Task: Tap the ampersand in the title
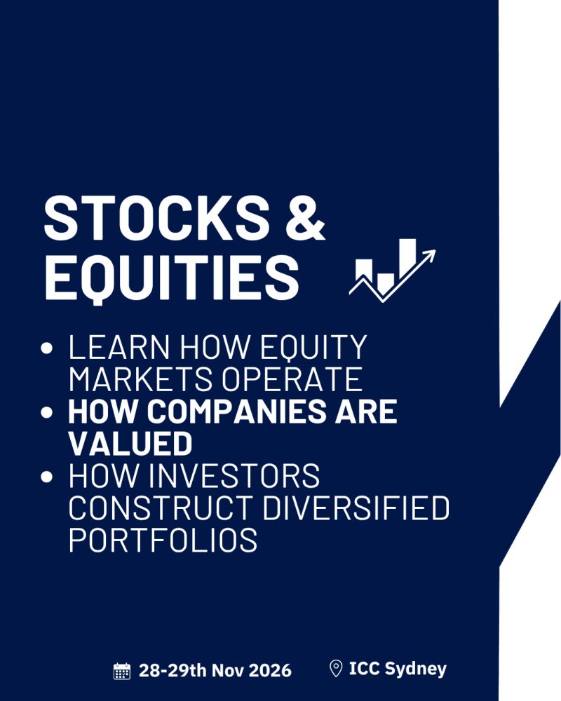click(x=306, y=218)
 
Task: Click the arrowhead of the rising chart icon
click(x=428, y=256)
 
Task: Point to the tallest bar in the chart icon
click(x=407, y=259)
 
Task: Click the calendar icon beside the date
click(x=122, y=671)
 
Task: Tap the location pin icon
click(x=335, y=669)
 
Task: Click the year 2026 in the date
click(x=270, y=670)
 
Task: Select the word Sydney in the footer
click(x=415, y=669)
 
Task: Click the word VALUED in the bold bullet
click(x=130, y=444)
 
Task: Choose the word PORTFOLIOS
click(x=163, y=540)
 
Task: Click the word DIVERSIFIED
click(x=356, y=508)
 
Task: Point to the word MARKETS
click(x=140, y=379)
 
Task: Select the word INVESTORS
click(x=234, y=476)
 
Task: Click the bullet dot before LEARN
click(x=47, y=348)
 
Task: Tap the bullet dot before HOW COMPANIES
click(x=47, y=411)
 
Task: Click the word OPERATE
click(x=292, y=379)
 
